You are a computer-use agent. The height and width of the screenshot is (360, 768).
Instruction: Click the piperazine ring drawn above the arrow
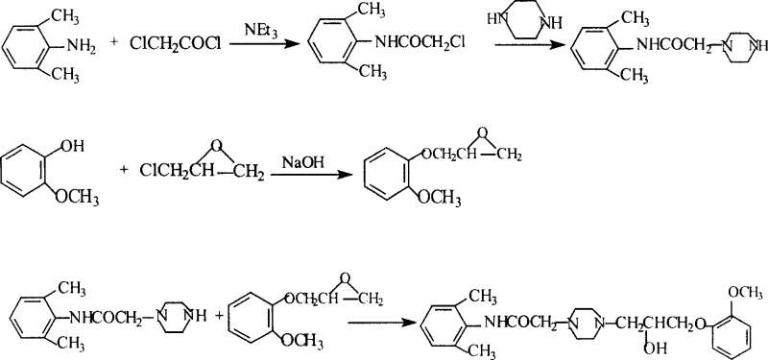pos(518,22)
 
